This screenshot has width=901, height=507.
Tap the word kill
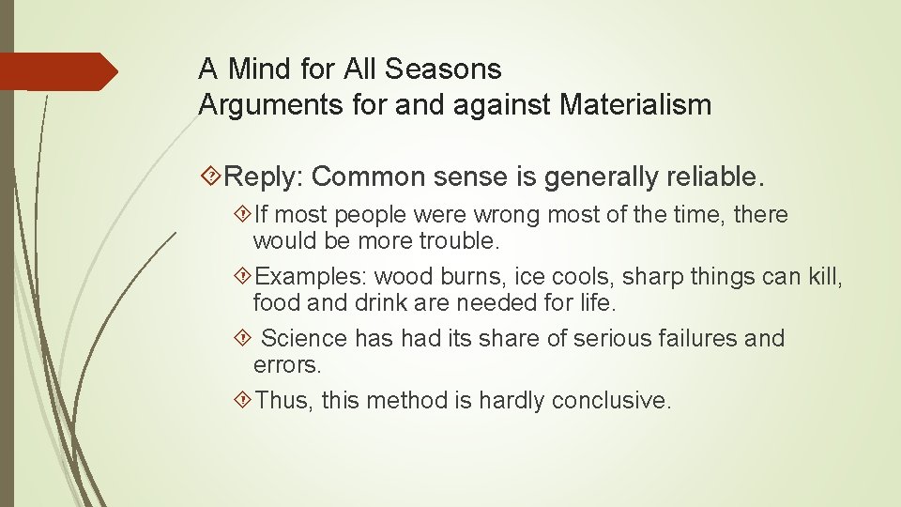[826, 277]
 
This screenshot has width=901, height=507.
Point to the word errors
[287, 363]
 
